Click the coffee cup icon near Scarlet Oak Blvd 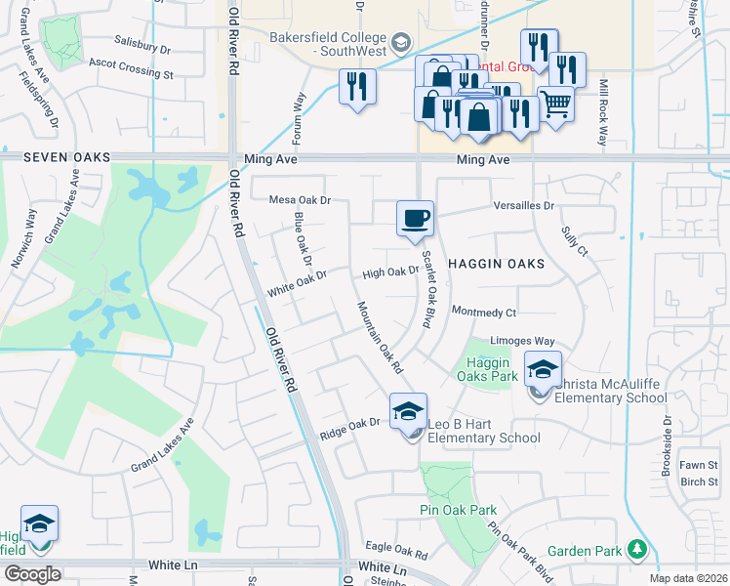click(415, 217)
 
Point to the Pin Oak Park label click(458, 510)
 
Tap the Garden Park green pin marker click(637, 551)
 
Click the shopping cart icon click(555, 102)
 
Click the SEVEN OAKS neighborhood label click(62, 158)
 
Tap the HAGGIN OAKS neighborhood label click(495, 264)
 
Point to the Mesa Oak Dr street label click(301, 200)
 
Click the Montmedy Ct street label click(483, 312)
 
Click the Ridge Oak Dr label click(349, 424)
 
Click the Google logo click(31, 573)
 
